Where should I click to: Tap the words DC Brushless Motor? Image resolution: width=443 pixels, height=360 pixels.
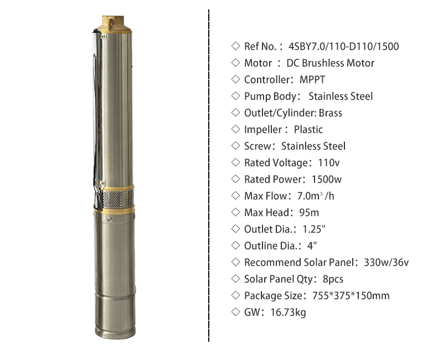click(x=330, y=63)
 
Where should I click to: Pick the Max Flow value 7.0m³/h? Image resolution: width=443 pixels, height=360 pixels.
click(x=316, y=196)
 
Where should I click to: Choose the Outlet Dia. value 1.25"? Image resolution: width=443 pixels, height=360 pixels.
click(x=314, y=229)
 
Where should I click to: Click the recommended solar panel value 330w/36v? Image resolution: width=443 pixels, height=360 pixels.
click(x=387, y=263)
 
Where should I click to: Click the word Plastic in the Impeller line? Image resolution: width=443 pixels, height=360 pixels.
click(x=308, y=130)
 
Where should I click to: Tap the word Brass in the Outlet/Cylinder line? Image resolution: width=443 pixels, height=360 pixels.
click(x=331, y=113)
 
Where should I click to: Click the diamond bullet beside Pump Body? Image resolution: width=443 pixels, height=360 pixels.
click(x=235, y=96)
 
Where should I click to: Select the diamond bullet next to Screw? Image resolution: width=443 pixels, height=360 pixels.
click(x=235, y=146)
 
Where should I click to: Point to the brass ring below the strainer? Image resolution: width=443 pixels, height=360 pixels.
click(x=113, y=210)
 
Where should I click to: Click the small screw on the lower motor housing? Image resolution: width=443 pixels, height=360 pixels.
click(x=110, y=220)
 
